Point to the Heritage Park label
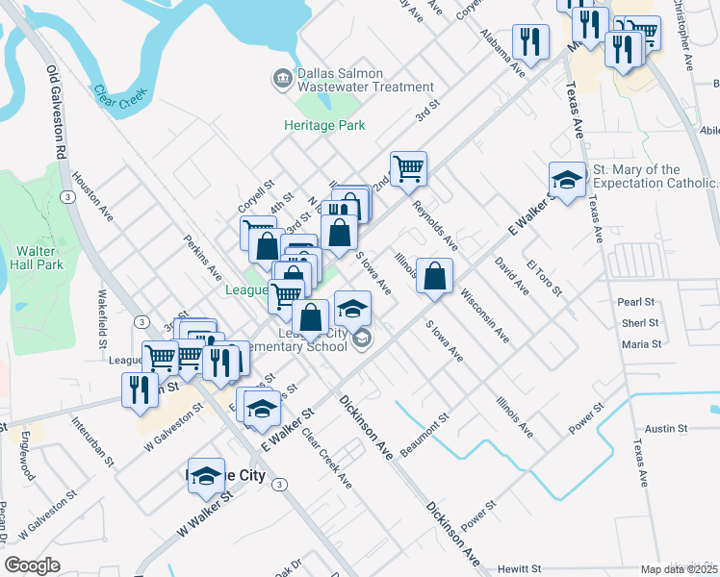click(x=319, y=125)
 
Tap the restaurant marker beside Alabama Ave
click(x=529, y=41)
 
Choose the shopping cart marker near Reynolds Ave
click(x=408, y=168)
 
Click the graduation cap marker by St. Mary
click(x=567, y=179)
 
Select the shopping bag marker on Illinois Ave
click(x=435, y=276)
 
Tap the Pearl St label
click(x=636, y=302)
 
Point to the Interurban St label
click(x=93, y=436)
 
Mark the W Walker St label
click(x=200, y=513)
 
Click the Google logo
click(x=33, y=564)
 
